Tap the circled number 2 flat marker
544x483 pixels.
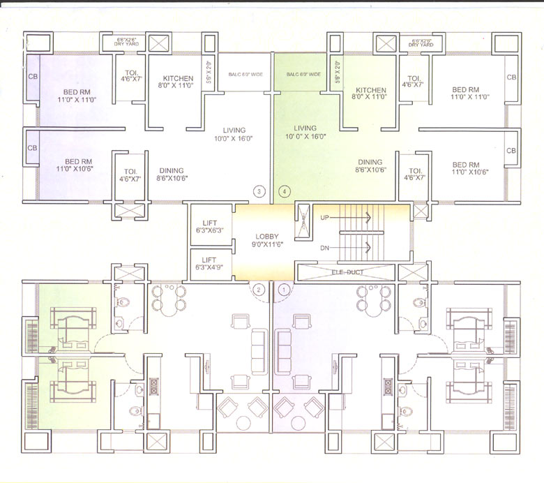click(259, 288)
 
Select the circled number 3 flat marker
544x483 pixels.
click(259, 191)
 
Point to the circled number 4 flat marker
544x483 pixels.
click(284, 191)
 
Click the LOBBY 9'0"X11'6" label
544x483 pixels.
click(267, 240)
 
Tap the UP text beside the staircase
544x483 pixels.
click(325, 218)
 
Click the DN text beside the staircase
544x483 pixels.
click(325, 247)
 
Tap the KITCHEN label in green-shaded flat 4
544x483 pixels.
click(370, 94)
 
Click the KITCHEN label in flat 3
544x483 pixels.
click(178, 82)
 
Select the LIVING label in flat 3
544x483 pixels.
click(234, 134)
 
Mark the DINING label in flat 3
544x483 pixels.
click(172, 174)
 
